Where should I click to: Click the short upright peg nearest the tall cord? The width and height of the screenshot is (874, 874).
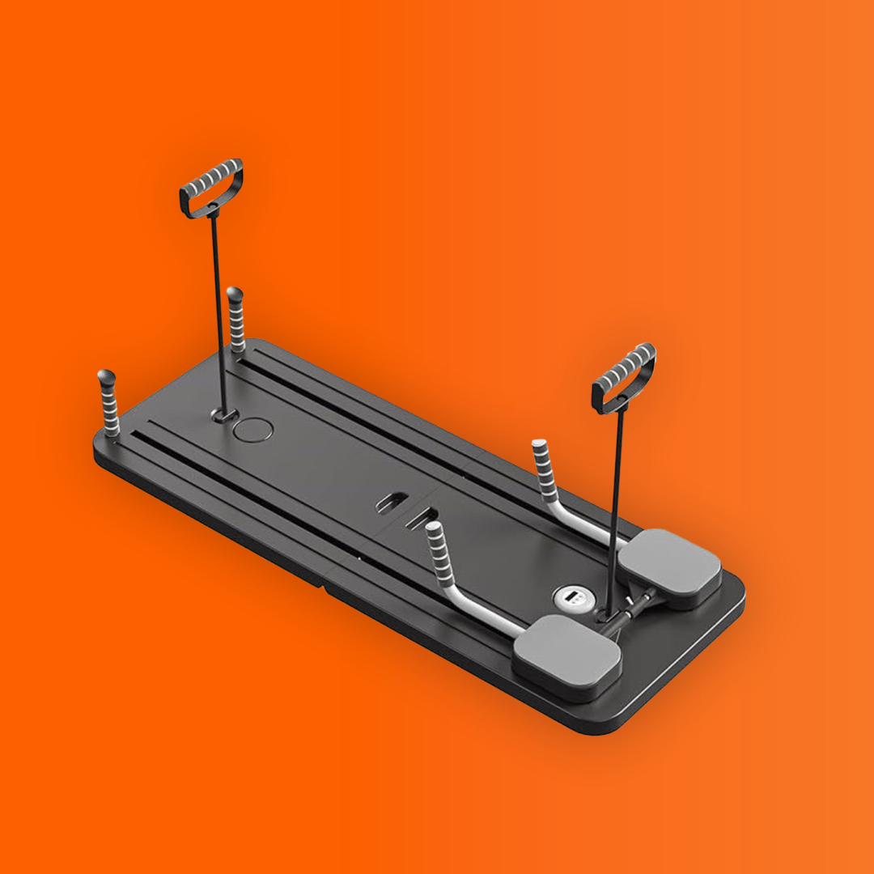[x=235, y=319]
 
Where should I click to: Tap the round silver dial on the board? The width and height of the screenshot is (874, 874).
[x=570, y=598]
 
